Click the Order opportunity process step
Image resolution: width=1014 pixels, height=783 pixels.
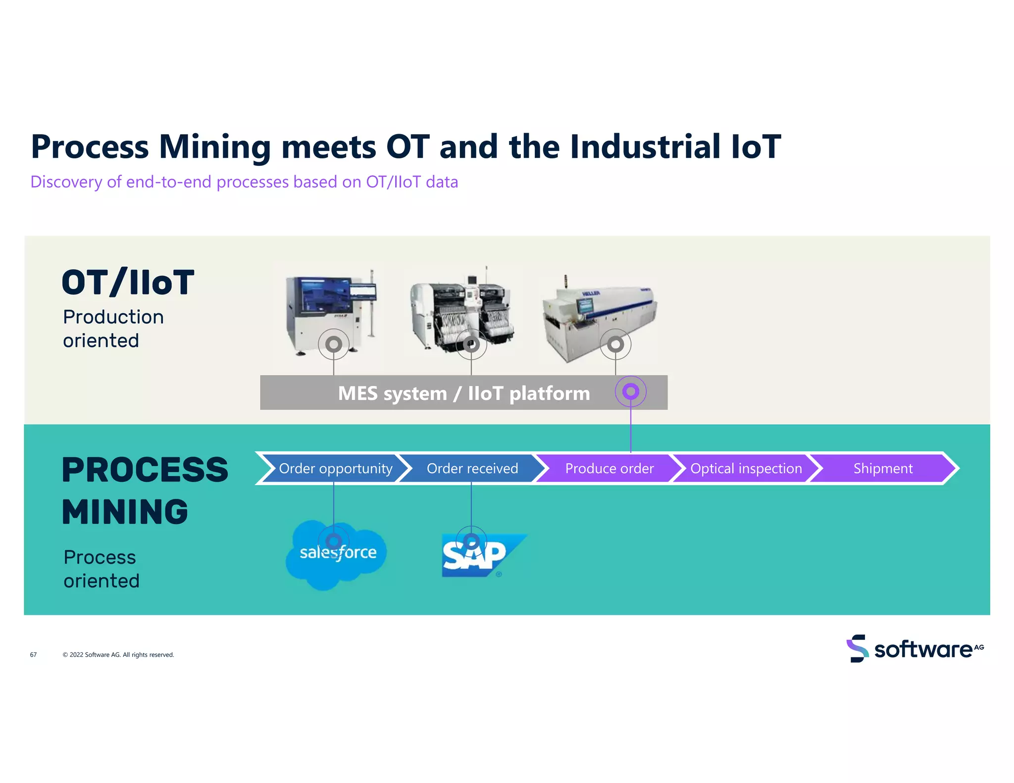335,468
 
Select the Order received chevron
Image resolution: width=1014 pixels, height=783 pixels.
472,468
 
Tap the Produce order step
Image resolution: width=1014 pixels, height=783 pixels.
609,468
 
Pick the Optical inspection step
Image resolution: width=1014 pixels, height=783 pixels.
746,468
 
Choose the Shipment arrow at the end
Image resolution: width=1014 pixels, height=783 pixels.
883,468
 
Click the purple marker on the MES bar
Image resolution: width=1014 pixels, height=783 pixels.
630,391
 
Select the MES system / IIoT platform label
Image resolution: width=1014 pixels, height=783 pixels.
463,393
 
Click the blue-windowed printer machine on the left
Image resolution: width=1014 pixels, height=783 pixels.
329,309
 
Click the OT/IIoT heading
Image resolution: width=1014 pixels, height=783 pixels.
128,283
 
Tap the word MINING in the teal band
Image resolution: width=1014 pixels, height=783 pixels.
125,512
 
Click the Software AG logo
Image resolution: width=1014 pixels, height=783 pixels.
914,648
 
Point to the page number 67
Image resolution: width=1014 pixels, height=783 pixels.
33,654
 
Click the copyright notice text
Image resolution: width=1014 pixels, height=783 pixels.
118,654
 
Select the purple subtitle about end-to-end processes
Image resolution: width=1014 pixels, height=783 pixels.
244,182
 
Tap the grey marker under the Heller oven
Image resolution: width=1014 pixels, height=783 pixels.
615,344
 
